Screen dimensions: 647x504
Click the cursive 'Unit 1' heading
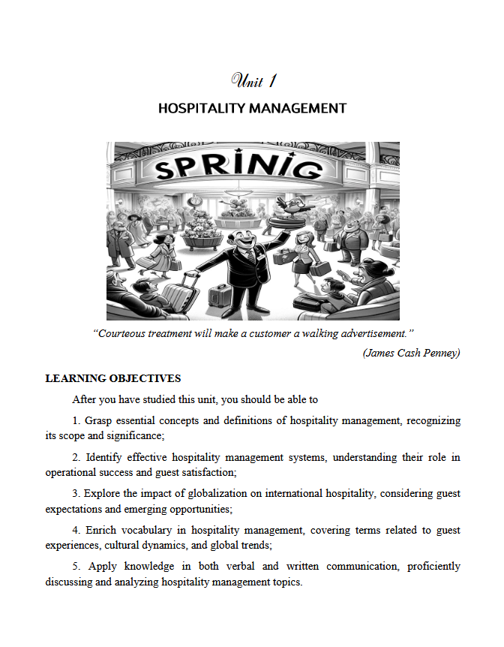click(252, 80)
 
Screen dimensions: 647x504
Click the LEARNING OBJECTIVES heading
click(113, 378)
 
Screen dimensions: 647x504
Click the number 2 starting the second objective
click(76, 457)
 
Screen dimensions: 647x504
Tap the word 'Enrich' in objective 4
click(100, 530)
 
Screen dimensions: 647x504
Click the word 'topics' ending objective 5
click(286, 581)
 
